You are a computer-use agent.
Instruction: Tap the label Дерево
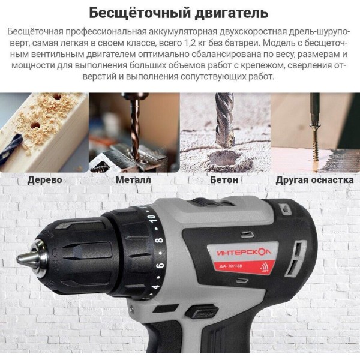44,180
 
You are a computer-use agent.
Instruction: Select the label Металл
133,180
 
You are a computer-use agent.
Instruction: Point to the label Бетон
224,180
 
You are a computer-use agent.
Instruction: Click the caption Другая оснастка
314,180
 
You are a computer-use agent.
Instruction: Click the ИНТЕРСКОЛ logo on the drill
244,253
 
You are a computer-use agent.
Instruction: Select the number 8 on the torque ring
160,240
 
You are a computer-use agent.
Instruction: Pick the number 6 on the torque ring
160,265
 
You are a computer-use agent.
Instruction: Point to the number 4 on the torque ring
155,287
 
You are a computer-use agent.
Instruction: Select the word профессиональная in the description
106,32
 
